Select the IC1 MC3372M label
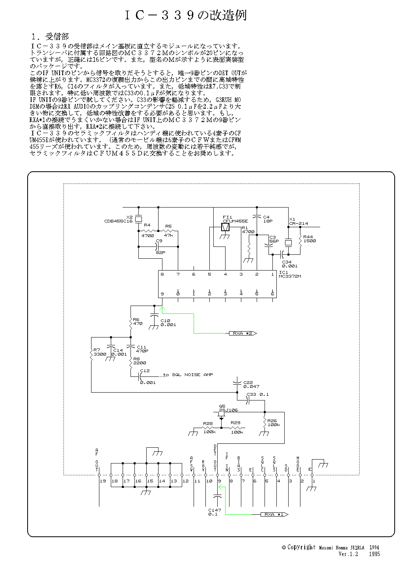(289, 274)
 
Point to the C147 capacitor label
(215, 512)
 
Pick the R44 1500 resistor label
(310, 239)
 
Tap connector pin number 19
(103, 481)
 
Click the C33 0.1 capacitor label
(257, 394)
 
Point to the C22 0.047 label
(251, 384)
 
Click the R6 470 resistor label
(138, 321)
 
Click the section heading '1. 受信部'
(50, 37)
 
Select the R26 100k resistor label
(273, 423)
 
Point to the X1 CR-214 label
(298, 221)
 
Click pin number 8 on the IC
(162, 274)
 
